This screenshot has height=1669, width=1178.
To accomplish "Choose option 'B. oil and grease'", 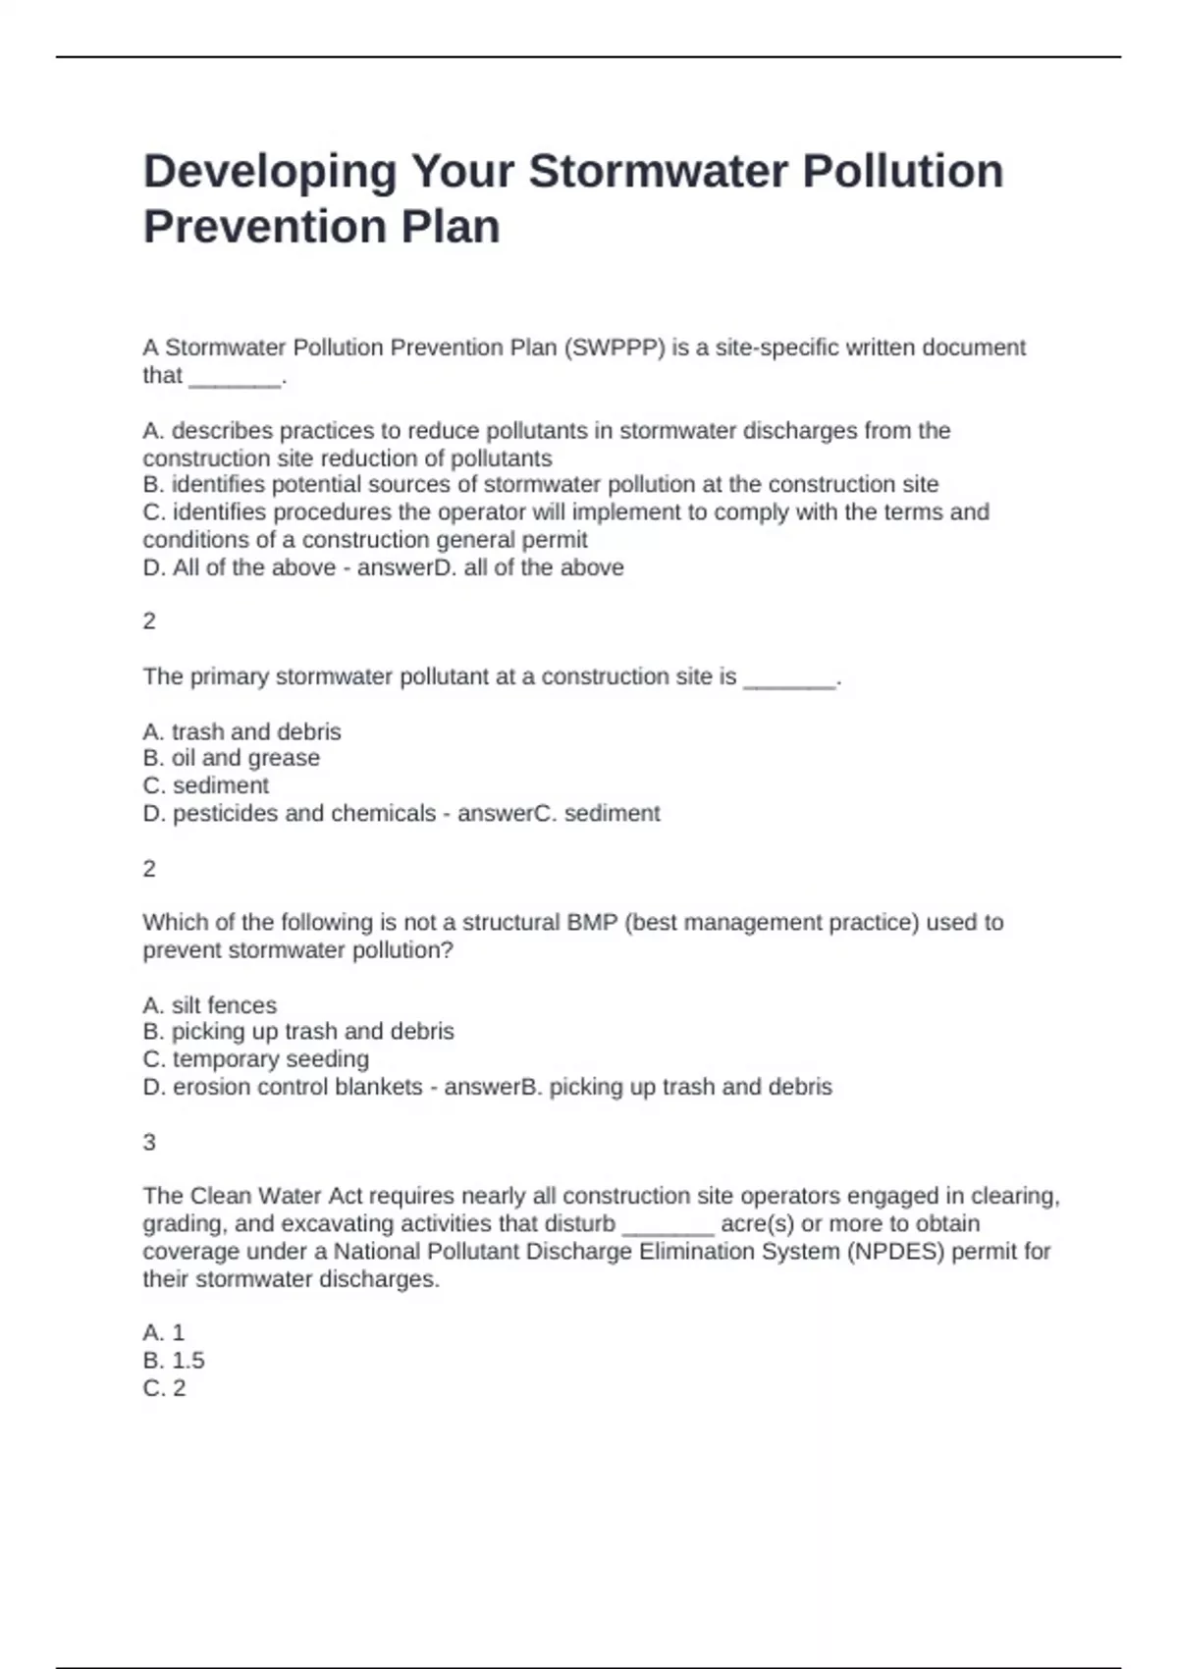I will click(x=231, y=758).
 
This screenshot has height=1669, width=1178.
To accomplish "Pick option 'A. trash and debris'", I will click(x=241, y=731).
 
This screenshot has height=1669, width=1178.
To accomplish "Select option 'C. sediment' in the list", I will click(x=205, y=785).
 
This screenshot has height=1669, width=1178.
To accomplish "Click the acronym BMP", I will click(x=591, y=923).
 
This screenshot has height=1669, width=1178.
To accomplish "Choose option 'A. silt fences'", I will click(x=209, y=1005).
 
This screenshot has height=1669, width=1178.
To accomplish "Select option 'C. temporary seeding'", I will click(x=255, y=1059).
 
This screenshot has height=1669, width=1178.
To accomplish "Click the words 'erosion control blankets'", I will click(x=297, y=1087).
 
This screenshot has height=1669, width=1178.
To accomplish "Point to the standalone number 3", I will click(x=149, y=1142).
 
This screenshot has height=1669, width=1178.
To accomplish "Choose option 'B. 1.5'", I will click(x=174, y=1361).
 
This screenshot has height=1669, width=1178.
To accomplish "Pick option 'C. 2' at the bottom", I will click(x=164, y=1388).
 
